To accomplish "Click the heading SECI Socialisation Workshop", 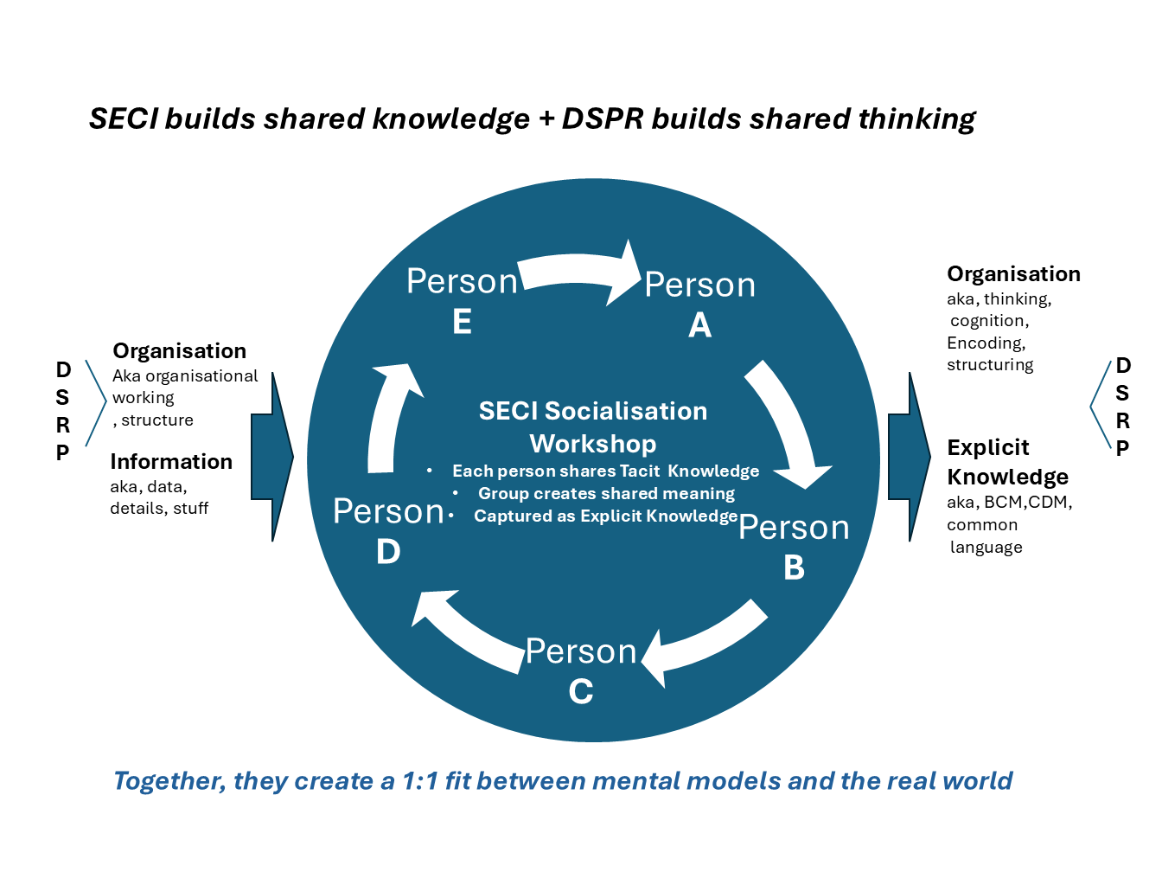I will [593, 427].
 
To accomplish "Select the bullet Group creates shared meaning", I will [606, 493].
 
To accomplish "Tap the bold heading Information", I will [171, 462].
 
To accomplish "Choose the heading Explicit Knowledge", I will [1007, 462].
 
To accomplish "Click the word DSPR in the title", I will [603, 119].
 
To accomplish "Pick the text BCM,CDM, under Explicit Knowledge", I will [1028, 503].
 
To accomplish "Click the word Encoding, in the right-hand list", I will [986, 343].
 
